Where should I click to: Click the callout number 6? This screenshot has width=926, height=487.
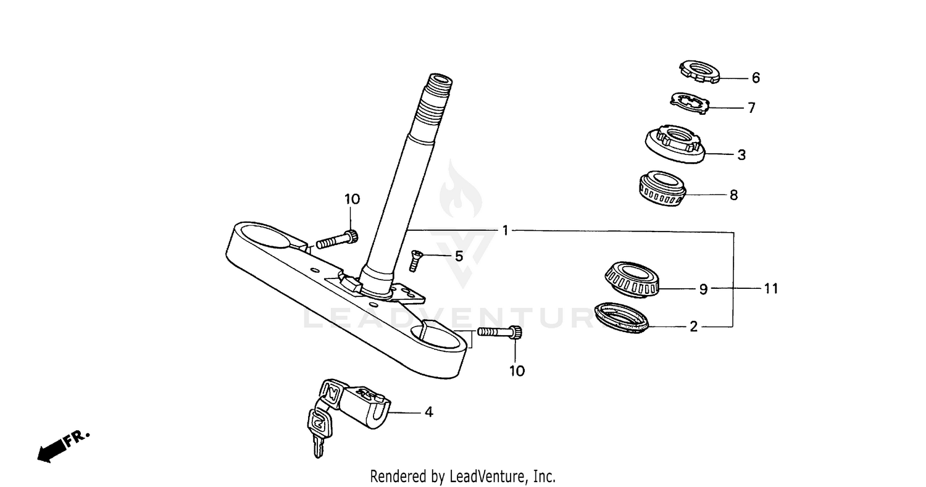click(756, 78)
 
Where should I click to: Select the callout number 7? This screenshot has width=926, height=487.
click(751, 108)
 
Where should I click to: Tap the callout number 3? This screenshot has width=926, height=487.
click(741, 155)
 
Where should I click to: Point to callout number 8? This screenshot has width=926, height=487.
click(733, 195)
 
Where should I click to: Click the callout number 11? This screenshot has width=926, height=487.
click(770, 288)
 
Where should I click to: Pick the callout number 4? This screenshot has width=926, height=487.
click(428, 412)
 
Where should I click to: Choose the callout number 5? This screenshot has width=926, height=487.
click(459, 256)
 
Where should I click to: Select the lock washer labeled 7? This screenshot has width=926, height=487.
click(689, 103)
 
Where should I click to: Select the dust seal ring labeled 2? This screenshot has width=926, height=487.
click(624, 317)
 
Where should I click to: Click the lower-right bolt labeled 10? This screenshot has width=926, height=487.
click(500, 333)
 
